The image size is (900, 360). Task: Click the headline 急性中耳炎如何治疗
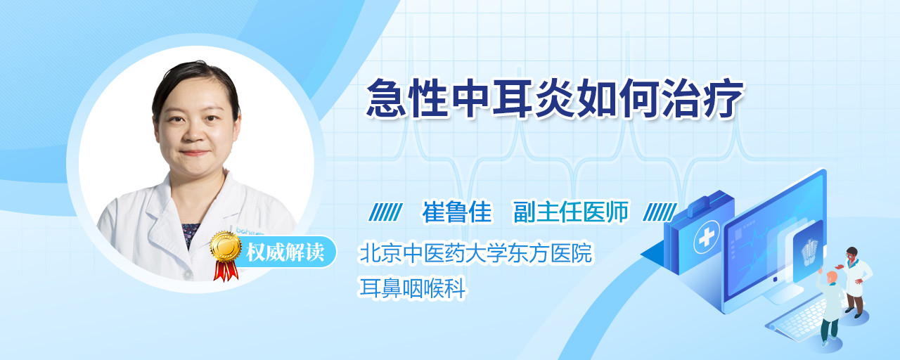point(555,98)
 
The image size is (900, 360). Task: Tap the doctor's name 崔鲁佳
point(457,212)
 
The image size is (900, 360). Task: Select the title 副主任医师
point(570,212)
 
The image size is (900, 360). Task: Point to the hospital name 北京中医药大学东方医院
point(476,253)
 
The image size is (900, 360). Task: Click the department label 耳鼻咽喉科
point(412,288)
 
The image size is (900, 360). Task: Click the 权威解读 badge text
point(285,252)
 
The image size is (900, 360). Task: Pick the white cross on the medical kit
point(707,237)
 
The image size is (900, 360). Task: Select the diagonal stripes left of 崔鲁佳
point(385,212)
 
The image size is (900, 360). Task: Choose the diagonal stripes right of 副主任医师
point(660,212)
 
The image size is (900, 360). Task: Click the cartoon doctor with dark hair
point(855,281)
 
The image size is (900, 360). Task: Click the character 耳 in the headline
point(512,98)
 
